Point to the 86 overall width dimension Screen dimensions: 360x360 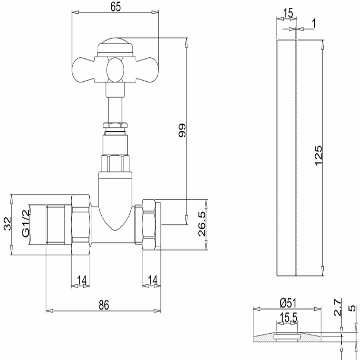(103, 305)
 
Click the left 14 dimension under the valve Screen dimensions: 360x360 (81, 280)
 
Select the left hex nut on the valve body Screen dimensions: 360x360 (81, 225)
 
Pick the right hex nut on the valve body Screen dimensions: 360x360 (150, 225)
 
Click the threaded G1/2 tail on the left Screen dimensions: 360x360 (58, 225)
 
